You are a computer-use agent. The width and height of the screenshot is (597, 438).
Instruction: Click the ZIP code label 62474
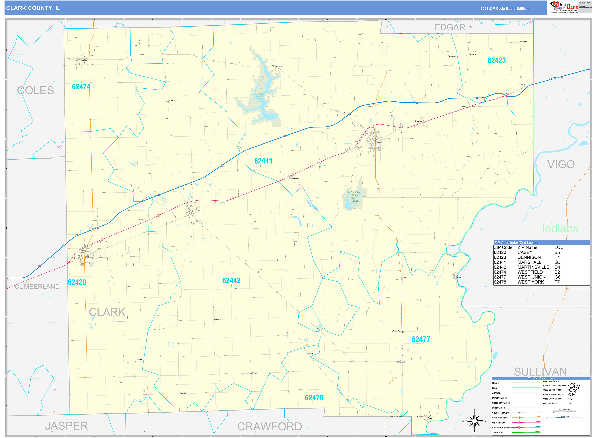click(81, 87)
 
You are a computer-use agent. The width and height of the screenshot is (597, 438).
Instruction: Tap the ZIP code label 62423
click(497, 60)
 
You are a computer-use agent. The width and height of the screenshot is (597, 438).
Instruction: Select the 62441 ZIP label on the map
click(263, 161)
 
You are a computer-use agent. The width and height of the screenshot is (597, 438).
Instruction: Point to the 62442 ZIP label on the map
click(231, 280)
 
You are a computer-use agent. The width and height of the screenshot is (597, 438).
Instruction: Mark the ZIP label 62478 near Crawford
click(314, 398)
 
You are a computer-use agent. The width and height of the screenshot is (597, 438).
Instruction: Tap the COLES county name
click(36, 90)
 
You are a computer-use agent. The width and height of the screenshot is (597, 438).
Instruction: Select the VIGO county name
click(561, 164)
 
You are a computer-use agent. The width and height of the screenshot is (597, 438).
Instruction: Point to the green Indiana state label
click(560, 229)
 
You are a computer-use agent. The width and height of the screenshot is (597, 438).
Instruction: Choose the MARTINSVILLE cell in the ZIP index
click(533, 267)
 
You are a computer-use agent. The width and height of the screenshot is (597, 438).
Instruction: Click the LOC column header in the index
click(559, 247)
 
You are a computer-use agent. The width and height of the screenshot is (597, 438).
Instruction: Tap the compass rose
click(474, 421)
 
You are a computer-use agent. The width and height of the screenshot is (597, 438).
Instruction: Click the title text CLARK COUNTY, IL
click(33, 8)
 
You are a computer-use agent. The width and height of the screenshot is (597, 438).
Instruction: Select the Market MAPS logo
click(564, 7)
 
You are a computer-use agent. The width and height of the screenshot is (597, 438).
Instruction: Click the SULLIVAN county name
click(540, 372)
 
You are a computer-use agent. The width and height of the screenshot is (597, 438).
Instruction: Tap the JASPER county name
click(66, 426)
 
